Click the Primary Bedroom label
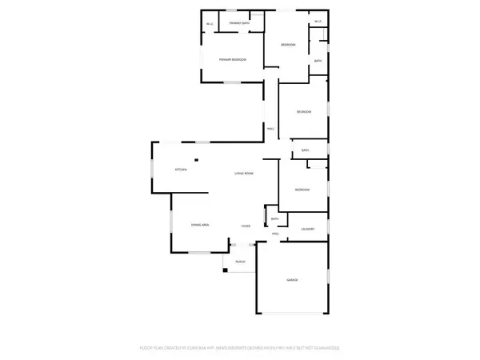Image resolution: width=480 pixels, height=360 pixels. [x=233, y=60]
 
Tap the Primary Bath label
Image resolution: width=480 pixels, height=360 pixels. [x=239, y=24]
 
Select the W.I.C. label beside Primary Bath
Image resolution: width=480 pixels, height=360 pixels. [x=210, y=24]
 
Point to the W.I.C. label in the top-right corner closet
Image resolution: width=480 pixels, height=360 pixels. [x=318, y=22]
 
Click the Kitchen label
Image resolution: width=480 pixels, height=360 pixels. [x=181, y=170]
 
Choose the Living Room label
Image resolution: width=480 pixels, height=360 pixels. [x=244, y=174]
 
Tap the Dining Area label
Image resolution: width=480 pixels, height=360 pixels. [x=200, y=226]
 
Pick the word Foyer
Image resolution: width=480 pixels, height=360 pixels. [x=246, y=226]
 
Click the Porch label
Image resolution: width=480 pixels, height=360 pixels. [x=240, y=262]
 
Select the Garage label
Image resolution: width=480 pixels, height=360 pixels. [x=292, y=280]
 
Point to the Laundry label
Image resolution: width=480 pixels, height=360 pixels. [x=307, y=230]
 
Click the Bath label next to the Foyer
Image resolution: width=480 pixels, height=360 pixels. [x=274, y=218]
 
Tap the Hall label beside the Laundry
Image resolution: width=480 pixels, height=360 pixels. [x=274, y=234]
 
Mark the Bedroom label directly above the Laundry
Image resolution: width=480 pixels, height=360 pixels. [x=302, y=190]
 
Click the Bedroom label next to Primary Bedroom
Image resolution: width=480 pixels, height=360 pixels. [x=288, y=45]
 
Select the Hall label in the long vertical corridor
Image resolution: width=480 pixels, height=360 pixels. [x=270, y=129]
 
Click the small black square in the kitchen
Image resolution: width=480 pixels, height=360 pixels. [x=194, y=158]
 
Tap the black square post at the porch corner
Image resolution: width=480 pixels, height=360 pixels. [x=226, y=270]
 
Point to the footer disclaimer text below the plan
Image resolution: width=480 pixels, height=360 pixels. [x=240, y=348]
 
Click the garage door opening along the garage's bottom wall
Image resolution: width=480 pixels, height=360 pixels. [x=292, y=313]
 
